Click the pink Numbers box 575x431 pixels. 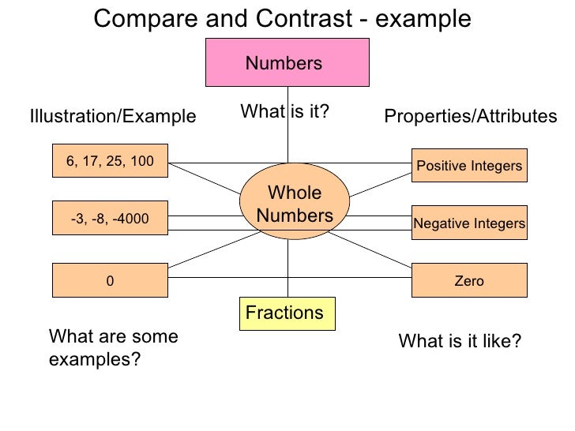click(287, 62)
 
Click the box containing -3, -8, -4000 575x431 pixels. click(110, 219)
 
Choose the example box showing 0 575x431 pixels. click(110, 280)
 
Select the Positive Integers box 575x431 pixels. click(469, 166)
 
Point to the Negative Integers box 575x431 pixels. click(469, 223)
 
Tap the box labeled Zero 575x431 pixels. click(469, 280)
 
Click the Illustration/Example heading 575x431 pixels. click(112, 117)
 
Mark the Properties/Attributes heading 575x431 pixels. click(470, 117)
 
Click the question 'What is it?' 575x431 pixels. click(284, 112)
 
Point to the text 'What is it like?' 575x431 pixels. click(460, 341)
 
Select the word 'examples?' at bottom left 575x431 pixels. click(95, 360)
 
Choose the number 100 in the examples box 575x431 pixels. click(142, 162)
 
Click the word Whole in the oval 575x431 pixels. click(295, 193)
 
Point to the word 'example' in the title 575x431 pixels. click(422, 19)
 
